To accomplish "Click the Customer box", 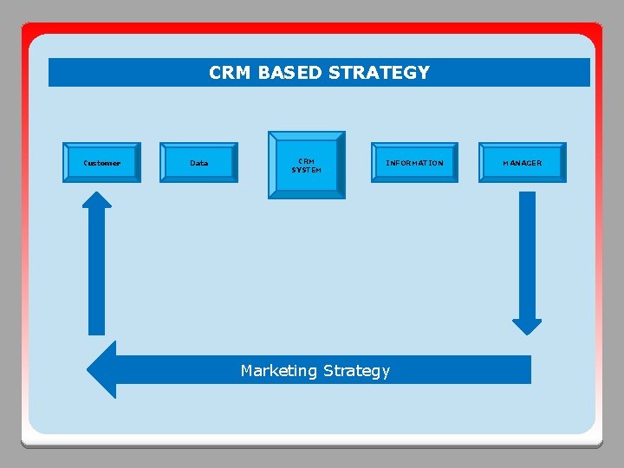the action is pos(101,163).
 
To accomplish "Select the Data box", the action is pos(198,163).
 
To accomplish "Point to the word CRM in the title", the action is pos(228,73).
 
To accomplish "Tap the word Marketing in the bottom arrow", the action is pos(279,371).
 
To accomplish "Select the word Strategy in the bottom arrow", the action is pos(357,371).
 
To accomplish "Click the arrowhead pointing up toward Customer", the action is pos(97,199).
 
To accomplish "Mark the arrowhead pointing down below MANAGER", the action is pos(527,326).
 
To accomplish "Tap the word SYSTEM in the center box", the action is pos(307,170).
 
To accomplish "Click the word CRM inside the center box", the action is pos(307,160).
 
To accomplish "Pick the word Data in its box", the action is pos(198,163).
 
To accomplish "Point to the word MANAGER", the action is pos(523,163).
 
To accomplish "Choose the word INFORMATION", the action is pos(414,163).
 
